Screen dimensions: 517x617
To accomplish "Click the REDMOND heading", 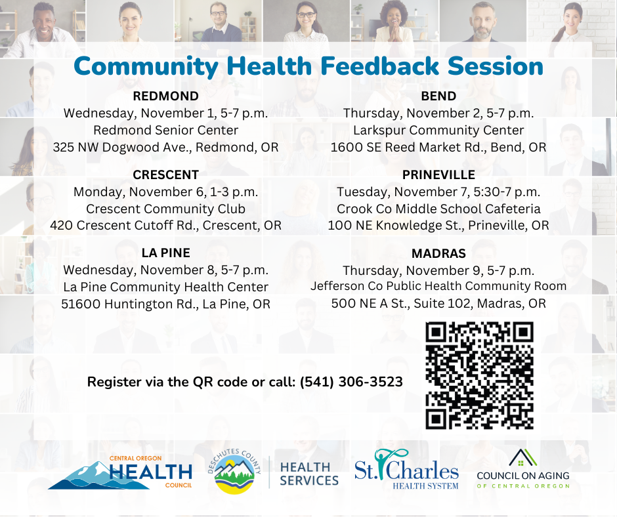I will pyautogui.click(x=165, y=97).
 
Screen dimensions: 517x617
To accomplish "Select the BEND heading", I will pyautogui.click(x=438, y=97).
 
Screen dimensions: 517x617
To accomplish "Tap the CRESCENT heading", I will pyautogui.click(x=165, y=175).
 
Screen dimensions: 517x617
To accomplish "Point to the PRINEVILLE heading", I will pyautogui.click(x=438, y=175).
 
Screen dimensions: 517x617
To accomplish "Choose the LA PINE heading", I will pyautogui.click(x=165, y=253).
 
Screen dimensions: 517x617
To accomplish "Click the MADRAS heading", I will pyautogui.click(x=438, y=253).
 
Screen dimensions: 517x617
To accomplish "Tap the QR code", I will pyautogui.click(x=479, y=375).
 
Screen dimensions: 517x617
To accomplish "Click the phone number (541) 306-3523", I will pyautogui.click(x=351, y=382).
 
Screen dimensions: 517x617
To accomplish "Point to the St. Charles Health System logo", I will pyautogui.click(x=406, y=470).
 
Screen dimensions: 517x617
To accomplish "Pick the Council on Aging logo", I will pyautogui.click(x=522, y=470).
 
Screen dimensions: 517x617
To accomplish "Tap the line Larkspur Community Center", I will pyautogui.click(x=438, y=131).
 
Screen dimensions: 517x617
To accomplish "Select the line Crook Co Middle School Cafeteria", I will pyautogui.click(x=438, y=209).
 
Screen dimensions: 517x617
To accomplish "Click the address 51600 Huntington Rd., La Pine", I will pyautogui.click(x=165, y=304).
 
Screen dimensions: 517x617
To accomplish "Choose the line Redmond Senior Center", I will pyautogui.click(x=165, y=131).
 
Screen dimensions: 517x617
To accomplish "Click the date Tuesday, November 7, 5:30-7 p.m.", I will pyautogui.click(x=438, y=192).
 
